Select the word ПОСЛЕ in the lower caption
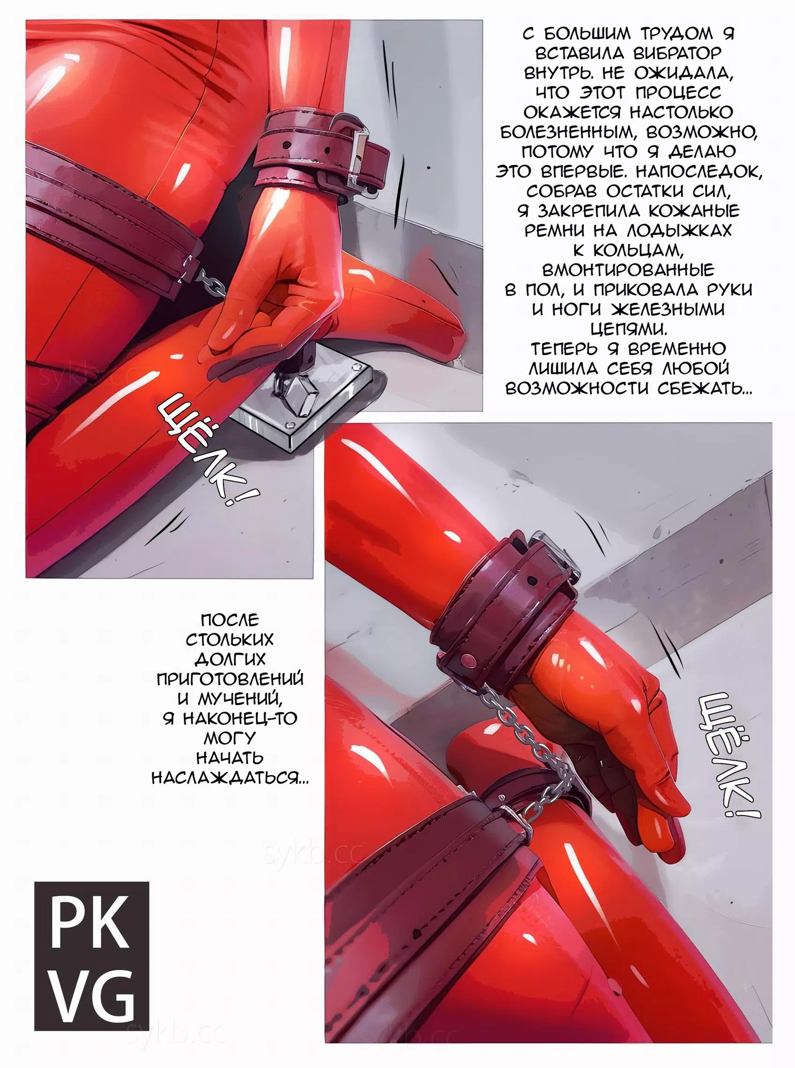click(230, 619)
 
